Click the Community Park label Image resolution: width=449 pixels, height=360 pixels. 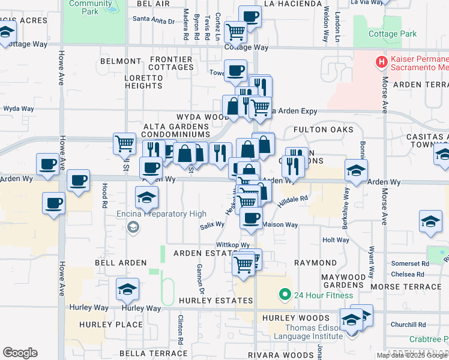point(83,7)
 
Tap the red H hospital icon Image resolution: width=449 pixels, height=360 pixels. point(380,61)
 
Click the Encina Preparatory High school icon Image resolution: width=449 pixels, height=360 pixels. point(133,227)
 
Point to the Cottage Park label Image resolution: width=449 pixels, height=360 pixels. point(393,34)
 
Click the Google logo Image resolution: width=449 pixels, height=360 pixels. point(20,353)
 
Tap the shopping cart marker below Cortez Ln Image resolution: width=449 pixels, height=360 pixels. point(235,31)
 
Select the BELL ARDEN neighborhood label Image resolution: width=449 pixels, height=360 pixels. point(121,263)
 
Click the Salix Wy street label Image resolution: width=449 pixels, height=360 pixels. point(212,225)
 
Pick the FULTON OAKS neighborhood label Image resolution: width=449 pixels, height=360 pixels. point(323,130)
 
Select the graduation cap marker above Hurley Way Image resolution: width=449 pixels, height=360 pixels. point(127,289)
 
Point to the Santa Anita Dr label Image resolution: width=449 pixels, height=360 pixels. point(154,20)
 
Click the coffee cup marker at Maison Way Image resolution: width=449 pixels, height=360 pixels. point(251,218)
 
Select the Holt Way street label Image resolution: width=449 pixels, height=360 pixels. point(336,240)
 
